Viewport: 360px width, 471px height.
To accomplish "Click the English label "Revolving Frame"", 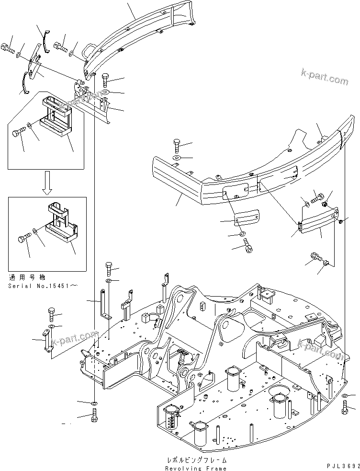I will click(196, 468).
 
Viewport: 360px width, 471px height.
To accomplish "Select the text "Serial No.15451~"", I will click(42, 286).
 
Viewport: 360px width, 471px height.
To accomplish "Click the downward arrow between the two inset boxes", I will click(47, 184).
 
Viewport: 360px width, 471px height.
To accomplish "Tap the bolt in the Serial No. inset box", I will click(24, 237).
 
